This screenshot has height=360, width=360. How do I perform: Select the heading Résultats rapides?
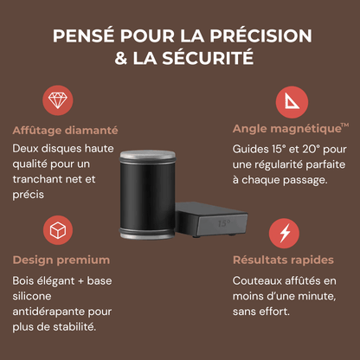[284, 260]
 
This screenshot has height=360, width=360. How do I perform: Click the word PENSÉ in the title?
[81, 37]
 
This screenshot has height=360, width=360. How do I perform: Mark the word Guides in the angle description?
[252, 149]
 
